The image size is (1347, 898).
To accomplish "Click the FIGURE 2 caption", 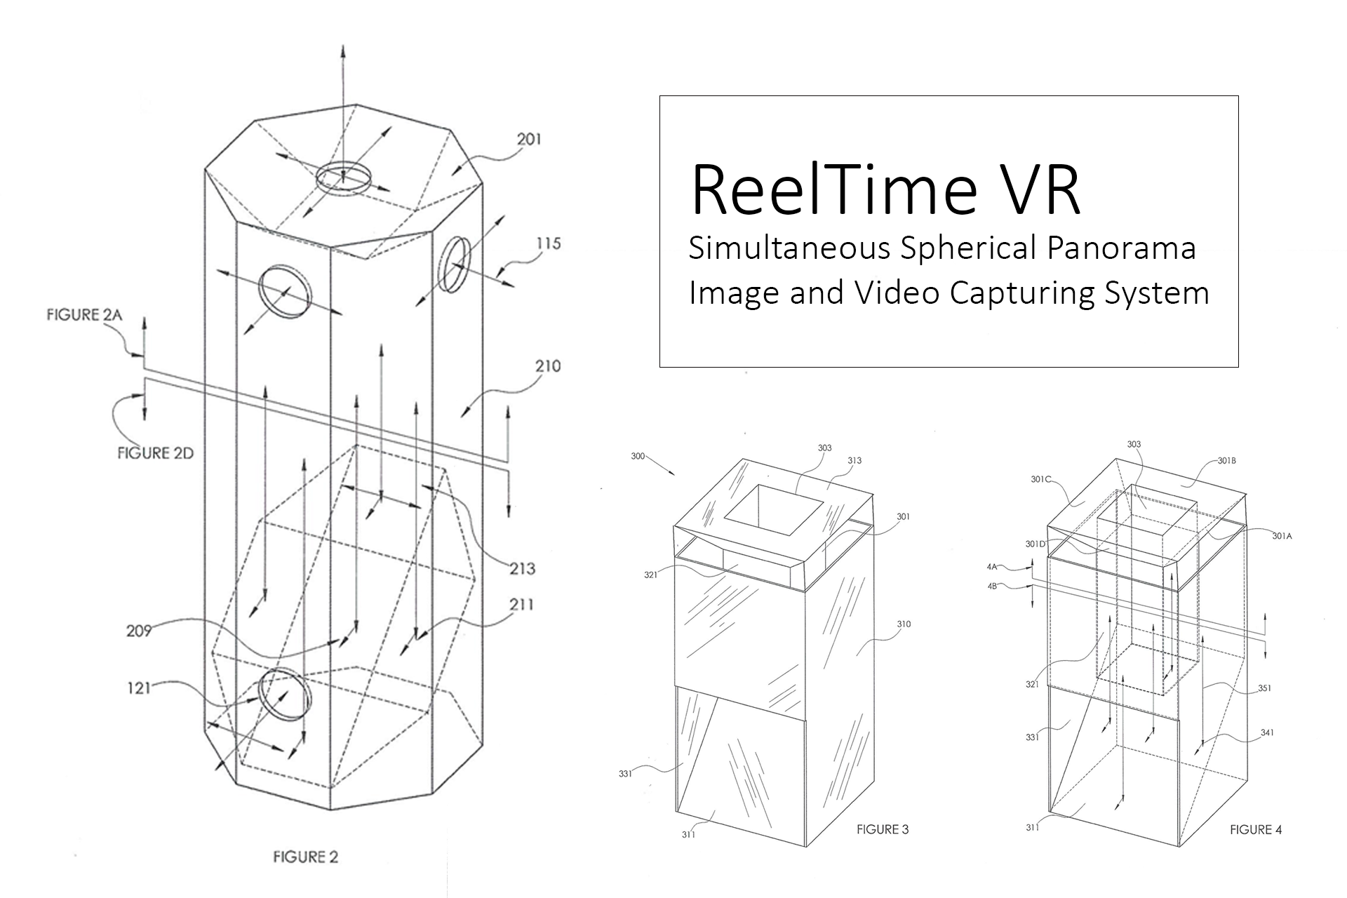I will [305, 857].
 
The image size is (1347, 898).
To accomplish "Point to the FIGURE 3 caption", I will [882, 829].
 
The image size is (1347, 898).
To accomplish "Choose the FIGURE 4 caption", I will [1255, 829].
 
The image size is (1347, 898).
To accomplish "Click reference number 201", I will [529, 140].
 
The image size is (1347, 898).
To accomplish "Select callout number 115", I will [548, 243].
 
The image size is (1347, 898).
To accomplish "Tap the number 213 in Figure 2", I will [522, 568].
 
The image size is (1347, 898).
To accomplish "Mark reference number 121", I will [138, 688].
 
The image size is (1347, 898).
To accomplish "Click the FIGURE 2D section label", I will [155, 453].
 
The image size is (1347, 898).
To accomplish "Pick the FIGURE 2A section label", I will [84, 315].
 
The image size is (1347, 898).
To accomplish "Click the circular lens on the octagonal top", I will [343, 177].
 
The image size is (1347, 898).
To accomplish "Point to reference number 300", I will [637, 456].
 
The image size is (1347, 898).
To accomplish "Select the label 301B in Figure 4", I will [1226, 461].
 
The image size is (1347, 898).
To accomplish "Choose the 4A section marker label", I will [992, 566].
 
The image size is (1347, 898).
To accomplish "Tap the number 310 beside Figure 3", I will [903, 624].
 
